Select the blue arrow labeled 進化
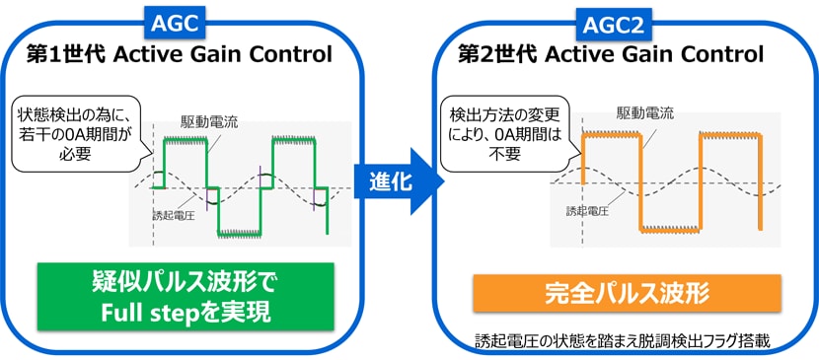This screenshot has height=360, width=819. coord(395,182)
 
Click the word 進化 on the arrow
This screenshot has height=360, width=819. coord(389,182)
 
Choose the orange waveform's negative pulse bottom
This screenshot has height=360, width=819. coord(671,235)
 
